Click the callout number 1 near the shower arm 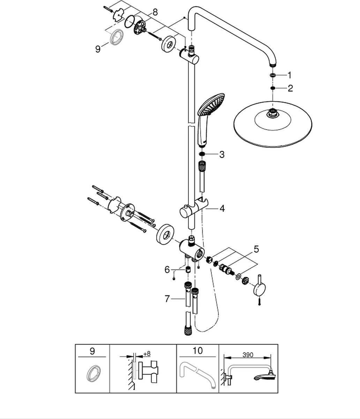(x=289, y=75)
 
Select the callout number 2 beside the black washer (x=290, y=88)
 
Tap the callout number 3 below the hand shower (x=222, y=154)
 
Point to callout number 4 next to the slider (x=222, y=208)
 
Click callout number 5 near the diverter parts (x=256, y=249)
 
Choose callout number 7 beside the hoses (x=167, y=299)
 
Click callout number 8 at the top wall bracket (x=155, y=12)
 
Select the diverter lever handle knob (x=260, y=289)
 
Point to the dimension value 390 (x=248, y=355)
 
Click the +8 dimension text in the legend (x=147, y=354)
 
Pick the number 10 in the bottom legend (x=197, y=351)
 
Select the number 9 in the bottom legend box (x=92, y=351)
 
